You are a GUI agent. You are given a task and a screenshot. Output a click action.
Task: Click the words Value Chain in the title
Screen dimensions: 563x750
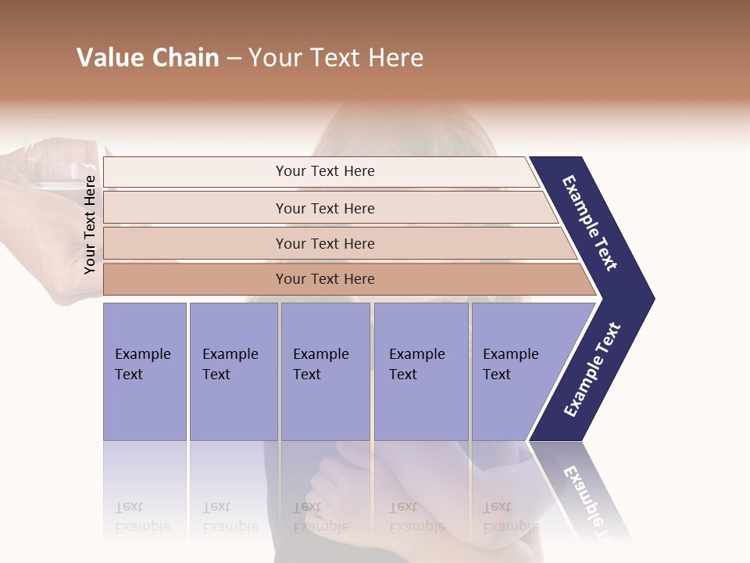tap(148, 58)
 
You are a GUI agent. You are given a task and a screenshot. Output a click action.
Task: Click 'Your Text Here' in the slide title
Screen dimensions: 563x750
tap(336, 58)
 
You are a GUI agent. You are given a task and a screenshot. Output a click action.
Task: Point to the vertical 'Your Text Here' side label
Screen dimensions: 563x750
tap(90, 224)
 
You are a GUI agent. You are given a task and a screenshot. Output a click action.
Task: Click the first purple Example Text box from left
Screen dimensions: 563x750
tap(145, 371)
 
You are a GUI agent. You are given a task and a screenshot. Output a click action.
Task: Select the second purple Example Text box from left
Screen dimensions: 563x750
tap(234, 371)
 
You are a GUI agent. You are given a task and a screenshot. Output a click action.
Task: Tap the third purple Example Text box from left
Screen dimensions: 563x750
tap(325, 371)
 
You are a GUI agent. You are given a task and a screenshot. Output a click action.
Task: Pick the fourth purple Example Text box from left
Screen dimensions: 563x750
tap(421, 371)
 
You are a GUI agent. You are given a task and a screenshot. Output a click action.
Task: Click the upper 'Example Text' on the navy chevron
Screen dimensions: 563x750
tap(590, 223)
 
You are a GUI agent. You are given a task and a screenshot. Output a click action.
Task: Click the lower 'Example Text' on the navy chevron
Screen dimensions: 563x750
tap(592, 369)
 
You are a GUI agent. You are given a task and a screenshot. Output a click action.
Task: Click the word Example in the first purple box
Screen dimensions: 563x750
tap(142, 354)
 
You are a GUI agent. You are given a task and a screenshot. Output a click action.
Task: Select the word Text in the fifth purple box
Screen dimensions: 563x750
tap(497, 375)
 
